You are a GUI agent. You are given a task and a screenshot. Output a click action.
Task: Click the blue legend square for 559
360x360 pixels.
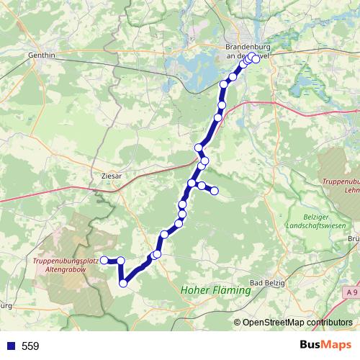click(10, 346)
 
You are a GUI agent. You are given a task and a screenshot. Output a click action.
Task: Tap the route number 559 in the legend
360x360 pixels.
click(30, 346)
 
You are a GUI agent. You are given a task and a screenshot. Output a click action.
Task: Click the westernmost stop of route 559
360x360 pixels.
click(104, 260)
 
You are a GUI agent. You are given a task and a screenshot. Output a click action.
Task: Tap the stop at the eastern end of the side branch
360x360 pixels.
click(214, 190)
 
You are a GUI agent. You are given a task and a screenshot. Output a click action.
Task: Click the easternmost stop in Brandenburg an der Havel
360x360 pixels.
click(256, 60)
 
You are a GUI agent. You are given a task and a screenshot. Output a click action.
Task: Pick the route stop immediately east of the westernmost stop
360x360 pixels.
click(121, 261)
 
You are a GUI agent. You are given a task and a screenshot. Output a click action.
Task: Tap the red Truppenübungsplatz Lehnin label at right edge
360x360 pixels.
click(340, 186)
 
